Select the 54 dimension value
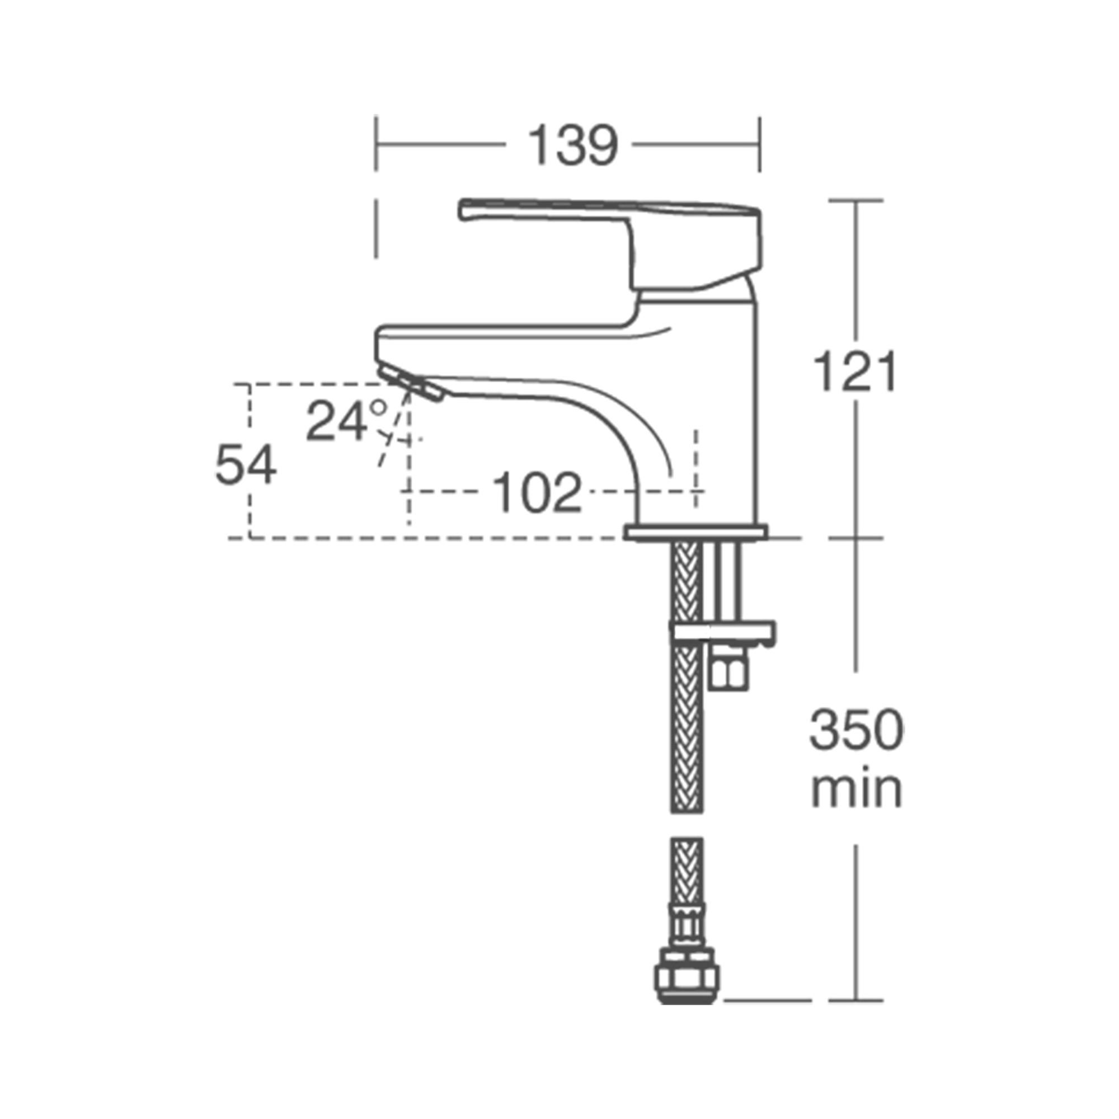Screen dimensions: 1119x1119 [x=246, y=464]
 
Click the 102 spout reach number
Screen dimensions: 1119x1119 [x=537, y=492]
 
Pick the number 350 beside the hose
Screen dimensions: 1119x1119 [x=856, y=731]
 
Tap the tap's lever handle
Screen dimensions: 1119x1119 [x=608, y=212]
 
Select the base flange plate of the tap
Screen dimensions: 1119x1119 [x=695, y=532]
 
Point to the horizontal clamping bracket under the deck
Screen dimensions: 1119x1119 [x=723, y=632]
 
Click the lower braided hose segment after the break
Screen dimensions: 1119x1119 [x=687, y=874]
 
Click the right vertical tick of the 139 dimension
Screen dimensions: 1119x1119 [x=759, y=144]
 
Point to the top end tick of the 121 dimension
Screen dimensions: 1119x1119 [x=856, y=200]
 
